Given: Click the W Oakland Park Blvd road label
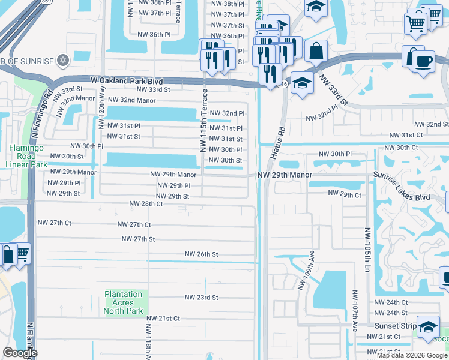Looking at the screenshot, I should tap(127, 80).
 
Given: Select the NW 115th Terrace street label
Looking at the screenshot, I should tap(203, 120).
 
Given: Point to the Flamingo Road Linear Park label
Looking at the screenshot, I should tap(28, 156).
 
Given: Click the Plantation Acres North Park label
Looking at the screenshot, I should tap(124, 302).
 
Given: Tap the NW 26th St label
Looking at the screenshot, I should tap(201, 254).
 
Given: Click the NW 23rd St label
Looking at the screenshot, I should tap(201, 297).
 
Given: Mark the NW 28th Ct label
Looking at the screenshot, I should tap(146, 204).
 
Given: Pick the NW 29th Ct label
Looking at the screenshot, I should tap(345, 194).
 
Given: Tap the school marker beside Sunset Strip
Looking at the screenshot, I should tap(427, 327).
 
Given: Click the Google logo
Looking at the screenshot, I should tap(20, 353).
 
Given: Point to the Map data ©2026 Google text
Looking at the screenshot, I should tap(412, 355).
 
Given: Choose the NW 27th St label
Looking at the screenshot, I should tap(138, 239).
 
